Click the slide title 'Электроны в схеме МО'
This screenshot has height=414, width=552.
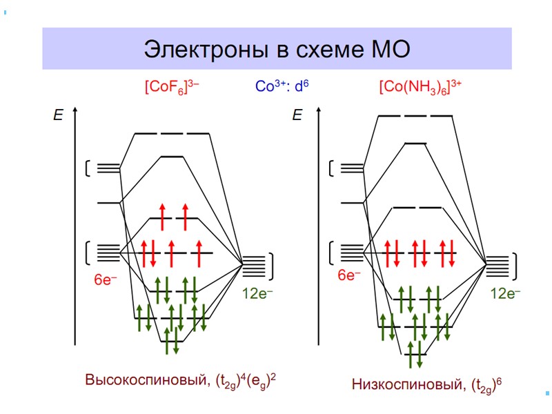[277, 49]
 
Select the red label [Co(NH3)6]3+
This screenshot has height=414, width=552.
[420, 88]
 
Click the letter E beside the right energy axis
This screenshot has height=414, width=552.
[297, 115]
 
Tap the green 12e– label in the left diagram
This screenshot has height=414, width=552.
[257, 293]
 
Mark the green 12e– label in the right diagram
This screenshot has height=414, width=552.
[505, 293]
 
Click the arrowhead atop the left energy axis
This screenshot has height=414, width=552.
[75, 110]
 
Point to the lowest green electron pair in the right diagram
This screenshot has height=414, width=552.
[415, 354]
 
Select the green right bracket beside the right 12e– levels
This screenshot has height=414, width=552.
[516, 264]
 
